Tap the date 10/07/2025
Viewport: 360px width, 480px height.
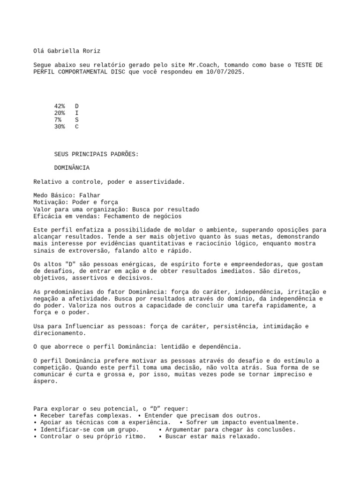pos(225,72)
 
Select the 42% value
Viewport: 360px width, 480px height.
pos(60,106)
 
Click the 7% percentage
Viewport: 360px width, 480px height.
pos(58,120)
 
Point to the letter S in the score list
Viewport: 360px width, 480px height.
pos(77,120)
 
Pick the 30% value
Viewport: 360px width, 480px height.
pos(60,127)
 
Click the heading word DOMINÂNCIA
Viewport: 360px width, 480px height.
pos(72,168)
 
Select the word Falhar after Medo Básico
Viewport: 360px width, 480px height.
pos(90,195)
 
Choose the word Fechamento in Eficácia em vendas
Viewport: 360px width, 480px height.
pos(123,217)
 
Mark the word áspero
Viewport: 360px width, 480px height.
pos(46,382)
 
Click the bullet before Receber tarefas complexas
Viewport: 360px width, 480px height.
pos(36,416)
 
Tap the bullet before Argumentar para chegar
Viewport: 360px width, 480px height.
pos(160,429)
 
